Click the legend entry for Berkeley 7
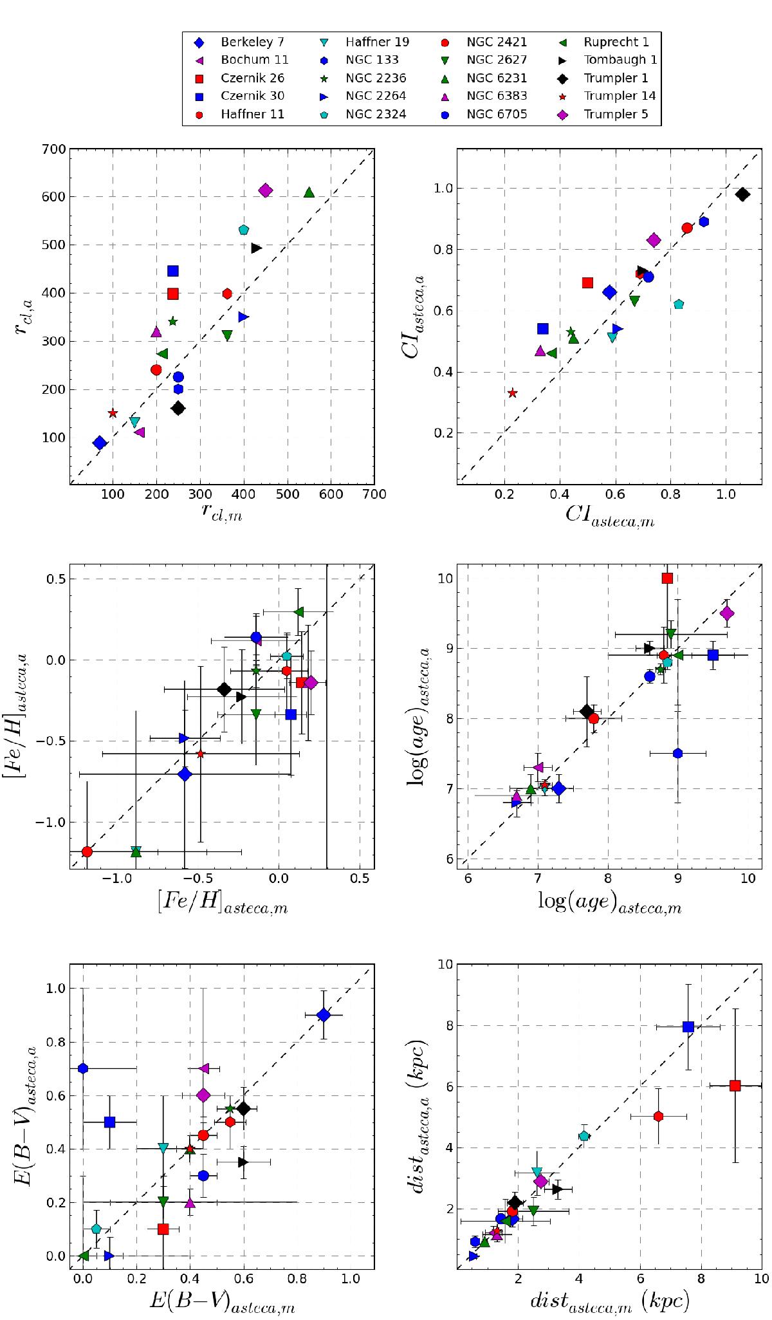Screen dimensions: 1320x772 (251, 42)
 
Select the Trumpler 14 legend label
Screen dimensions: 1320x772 (619, 97)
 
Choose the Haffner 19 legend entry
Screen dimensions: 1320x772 (376, 42)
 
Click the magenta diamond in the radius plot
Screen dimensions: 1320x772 (266, 191)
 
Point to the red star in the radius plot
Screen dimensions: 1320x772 (113, 413)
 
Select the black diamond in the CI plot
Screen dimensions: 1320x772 (742, 194)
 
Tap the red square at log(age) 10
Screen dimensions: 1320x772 (667, 578)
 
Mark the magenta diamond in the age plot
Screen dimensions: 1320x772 (728, 613)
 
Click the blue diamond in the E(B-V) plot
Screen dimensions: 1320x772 (324, 1015)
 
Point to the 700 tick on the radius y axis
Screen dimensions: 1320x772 (54, 149)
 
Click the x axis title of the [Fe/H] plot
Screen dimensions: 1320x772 (222, 906)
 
